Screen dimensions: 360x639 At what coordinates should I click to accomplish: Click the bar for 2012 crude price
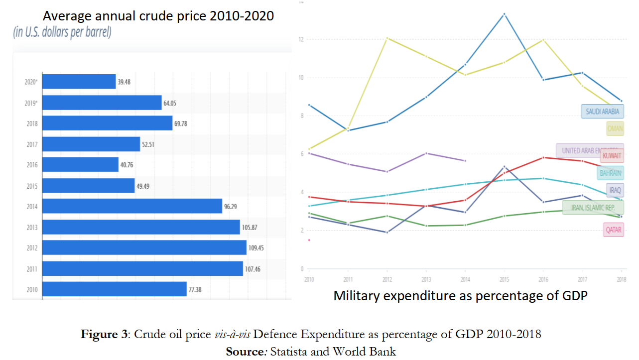point(144,247)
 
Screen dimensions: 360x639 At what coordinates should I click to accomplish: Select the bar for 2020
point(79,81)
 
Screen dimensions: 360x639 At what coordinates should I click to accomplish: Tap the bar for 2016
point(80,164)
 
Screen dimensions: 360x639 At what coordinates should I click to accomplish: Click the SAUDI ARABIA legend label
point(603,111)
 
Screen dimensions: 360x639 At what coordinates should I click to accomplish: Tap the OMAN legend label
point(615,128)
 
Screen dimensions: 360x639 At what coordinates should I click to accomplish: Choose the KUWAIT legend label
point(612,155)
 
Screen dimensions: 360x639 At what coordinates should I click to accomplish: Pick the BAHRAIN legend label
point(610,173)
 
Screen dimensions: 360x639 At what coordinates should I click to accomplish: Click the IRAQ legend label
point(615,190)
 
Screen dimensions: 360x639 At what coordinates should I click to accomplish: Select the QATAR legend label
point(613,230)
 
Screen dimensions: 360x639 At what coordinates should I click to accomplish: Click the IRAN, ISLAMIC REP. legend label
point(593,207)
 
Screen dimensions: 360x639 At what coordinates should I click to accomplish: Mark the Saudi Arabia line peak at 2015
point(504,14)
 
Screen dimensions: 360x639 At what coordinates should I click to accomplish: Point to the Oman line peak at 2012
point(387,38)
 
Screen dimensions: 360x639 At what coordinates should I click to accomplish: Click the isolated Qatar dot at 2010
point(309,240)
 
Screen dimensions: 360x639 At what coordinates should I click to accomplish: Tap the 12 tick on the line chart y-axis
point(301,39)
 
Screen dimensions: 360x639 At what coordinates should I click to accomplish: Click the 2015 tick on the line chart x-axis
point(504,279)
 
